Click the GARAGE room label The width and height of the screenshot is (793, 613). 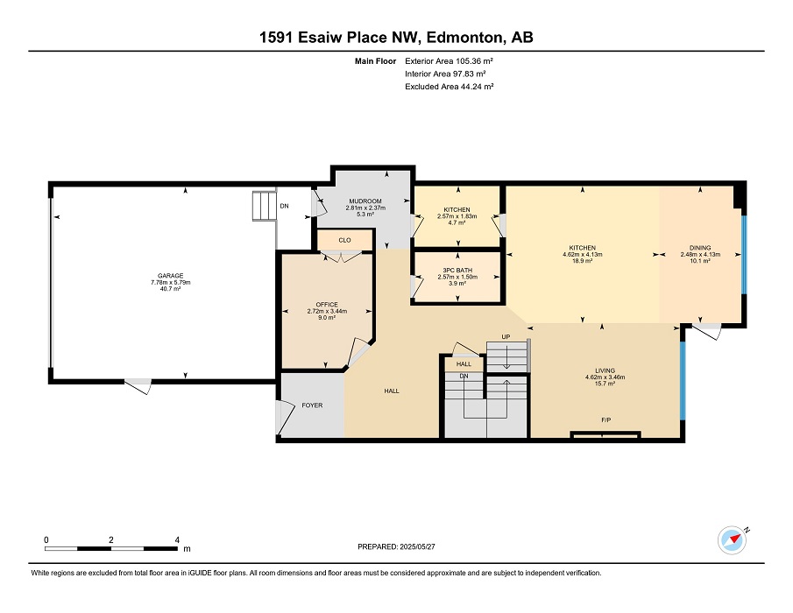[x=171, y=276]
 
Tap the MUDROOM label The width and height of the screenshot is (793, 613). [x=365, y=201]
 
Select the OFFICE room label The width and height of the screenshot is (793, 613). [x=327, y=305]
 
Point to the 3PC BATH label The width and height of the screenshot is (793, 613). [x=457, y=271]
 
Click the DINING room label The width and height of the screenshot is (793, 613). [x=700, y=248]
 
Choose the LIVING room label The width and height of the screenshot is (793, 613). [x=605, y=370]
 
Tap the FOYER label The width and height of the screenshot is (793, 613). [x=312, y=405]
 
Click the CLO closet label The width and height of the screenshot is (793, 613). [x=344, y=240]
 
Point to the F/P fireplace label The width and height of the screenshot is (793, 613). [x=605, y=420]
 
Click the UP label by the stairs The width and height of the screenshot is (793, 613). [x=506, y=337]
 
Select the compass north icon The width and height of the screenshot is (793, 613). [x=733, y=540]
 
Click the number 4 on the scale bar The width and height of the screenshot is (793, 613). [x=177, y=539]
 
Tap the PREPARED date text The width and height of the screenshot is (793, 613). [x=396, y=546]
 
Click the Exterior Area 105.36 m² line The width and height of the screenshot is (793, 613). [x=450, y=61]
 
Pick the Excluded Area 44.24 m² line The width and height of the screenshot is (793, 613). [x=450, y=87]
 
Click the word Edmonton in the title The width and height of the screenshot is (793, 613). [x=465, y=38]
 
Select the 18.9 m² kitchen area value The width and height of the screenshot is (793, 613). [x=582, y=261]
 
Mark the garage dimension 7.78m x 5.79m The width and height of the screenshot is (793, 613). [x=171, y=283]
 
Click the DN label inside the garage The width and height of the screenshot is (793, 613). [x=284, y=206]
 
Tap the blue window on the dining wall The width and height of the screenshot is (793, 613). [x=743, y=255]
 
